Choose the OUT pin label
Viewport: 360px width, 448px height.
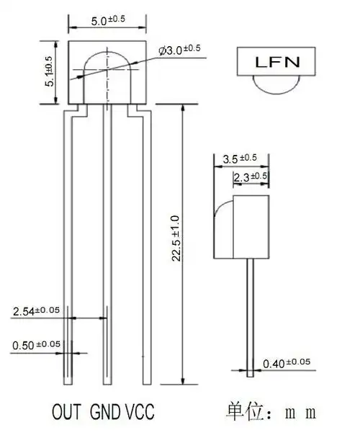[x=68, y=413]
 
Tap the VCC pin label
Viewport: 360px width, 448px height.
[x=140, y=413]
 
